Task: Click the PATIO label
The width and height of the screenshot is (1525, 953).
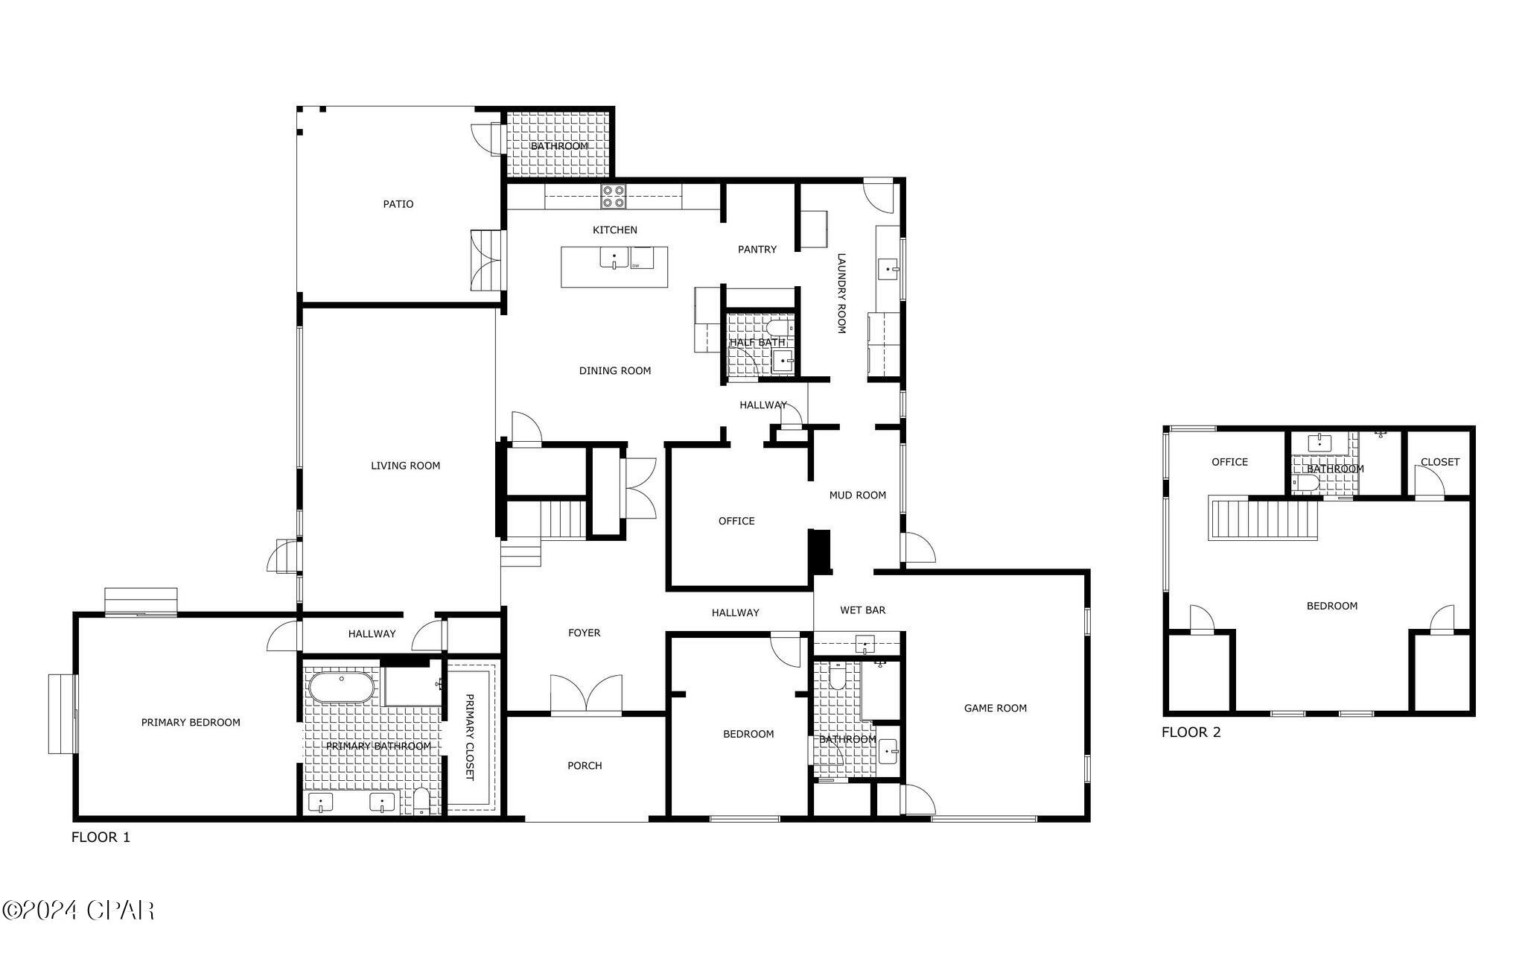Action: [398, 204]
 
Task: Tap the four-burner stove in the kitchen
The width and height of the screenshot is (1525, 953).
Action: [614, 196]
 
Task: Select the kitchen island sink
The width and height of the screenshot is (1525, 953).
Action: [614, 258]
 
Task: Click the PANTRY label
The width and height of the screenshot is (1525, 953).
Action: [757, 250]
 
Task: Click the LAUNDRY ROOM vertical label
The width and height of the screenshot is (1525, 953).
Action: [841, 293]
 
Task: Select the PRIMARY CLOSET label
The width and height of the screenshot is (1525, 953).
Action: [469, 737]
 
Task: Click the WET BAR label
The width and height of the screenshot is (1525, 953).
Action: [862, 610]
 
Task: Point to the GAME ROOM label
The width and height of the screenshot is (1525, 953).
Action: [995, 709]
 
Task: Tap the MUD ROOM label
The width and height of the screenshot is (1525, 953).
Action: [857, 496]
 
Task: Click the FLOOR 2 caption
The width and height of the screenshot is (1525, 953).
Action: [1191, 732]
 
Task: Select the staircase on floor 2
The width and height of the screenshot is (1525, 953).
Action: [1263, 519]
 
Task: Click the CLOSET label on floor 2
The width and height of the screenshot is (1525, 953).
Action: [1439, 462]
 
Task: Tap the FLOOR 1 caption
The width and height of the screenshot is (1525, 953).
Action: [101, 838]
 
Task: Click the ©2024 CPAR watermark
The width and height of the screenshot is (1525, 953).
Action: [78, 911]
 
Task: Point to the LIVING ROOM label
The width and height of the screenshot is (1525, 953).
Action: [405, 466]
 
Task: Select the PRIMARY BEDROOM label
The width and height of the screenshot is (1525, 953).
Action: [191, 723]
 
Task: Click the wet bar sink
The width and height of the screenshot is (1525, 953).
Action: [865, 644]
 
